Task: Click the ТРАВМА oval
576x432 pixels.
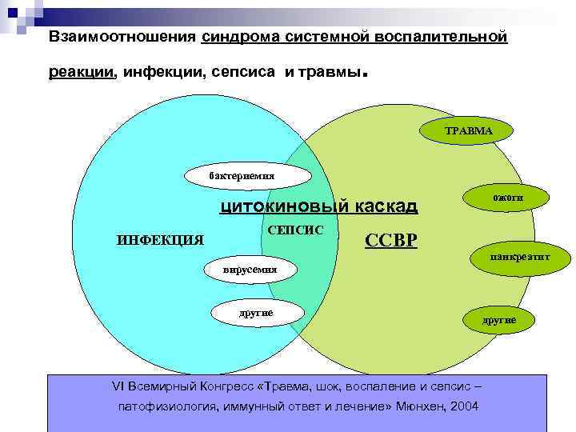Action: pyautogui.click(x=468, y=130)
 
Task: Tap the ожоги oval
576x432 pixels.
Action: pyautogui.click(x=502, y=197)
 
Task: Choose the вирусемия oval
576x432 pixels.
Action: pyautogui.click(x=250, y=270)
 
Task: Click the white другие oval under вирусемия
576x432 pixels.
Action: pyautogui.click(x=256, y=312)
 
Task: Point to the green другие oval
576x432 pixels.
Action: pyautogui.click(x=498, y=319)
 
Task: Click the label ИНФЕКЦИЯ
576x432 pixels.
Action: pyautogui.click(x=160, y=239)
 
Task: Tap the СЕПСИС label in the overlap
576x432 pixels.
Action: pyautogui.click(x=294, y=230)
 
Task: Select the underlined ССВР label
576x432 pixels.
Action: pyautogui.click(x=391, y=240)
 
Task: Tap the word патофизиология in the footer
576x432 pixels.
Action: pyautogui.click(x=166, y=406)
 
